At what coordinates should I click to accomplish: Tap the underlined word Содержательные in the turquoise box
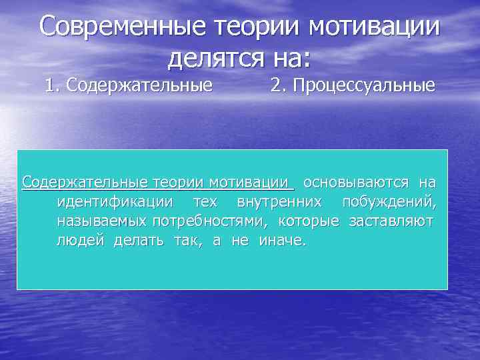[86, 182]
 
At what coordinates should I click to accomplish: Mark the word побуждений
[389, 201]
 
